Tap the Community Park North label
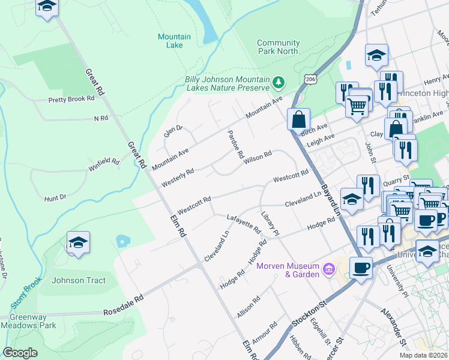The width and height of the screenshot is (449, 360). click(278, 47)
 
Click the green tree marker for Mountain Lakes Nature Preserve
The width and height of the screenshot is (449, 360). click(278, 82)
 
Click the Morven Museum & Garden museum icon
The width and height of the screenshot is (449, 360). click(328, 268)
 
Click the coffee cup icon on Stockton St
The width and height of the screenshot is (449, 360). click(361, 268)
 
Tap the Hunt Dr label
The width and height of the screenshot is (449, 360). click(55, 197)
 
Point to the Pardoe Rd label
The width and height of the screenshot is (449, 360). click(235, 144)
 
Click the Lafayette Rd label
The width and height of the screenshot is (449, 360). click(244, 224)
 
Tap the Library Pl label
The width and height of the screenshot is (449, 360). click(270, 223)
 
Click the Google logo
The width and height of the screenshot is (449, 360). click(20, 353)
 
